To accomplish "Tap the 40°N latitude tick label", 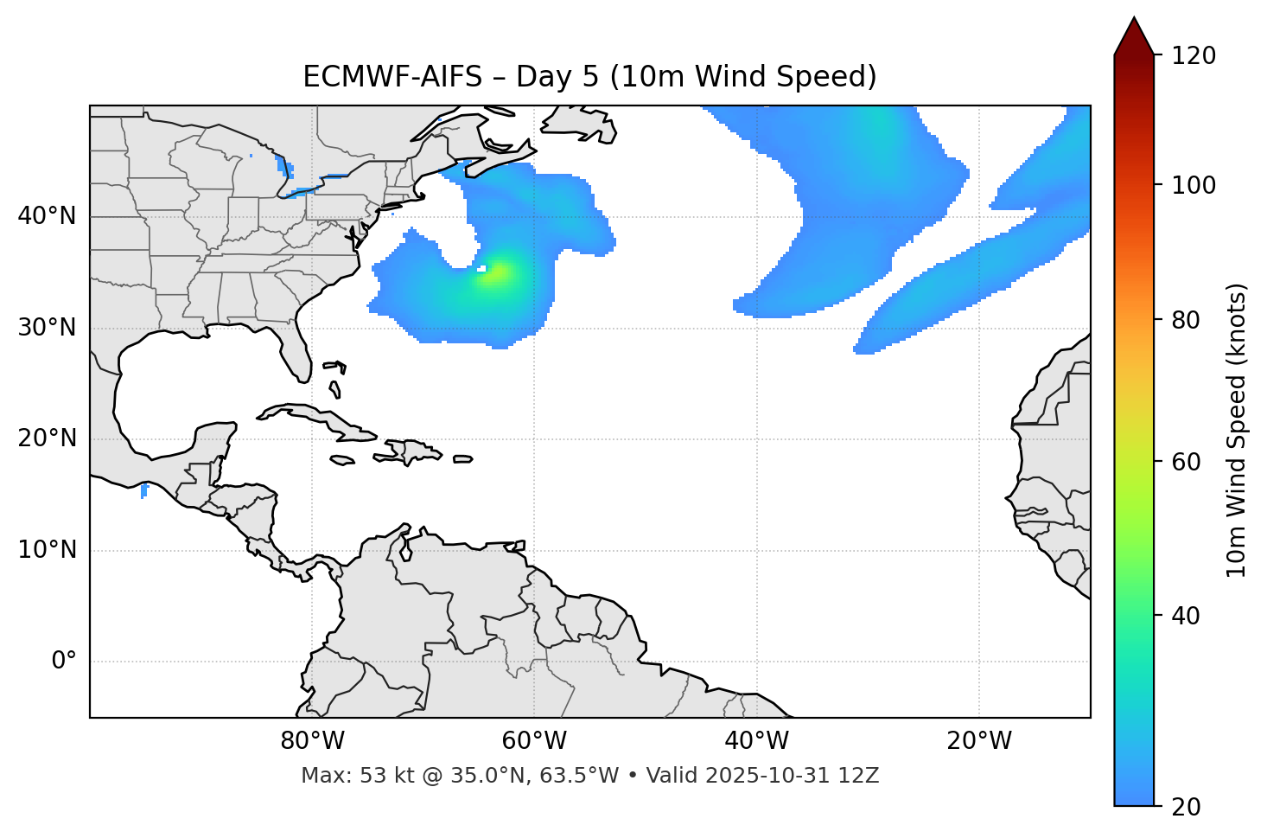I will point(47,216).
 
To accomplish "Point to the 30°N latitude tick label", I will point(47,328).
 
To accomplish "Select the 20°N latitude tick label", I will point(47,438).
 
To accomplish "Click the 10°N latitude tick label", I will point(47,550).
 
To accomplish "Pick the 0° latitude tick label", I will point(63,662).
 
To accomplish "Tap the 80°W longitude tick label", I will point(312,741).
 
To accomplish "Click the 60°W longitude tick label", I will point(534,741).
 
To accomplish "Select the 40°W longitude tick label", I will point(756,741).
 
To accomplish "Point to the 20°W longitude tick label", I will point(978,741).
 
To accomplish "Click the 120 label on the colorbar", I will point(1194,56).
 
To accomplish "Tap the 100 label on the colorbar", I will point(1194,185).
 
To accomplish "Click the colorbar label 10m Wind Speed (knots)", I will point(1237,430).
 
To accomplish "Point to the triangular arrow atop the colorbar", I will point(1134,36).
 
